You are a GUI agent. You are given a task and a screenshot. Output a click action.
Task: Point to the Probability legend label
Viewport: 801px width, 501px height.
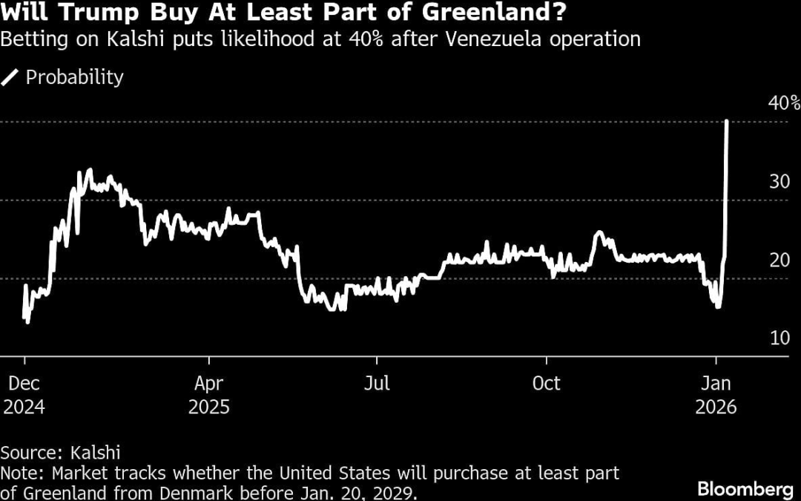pyautogui.click(x=75, y=77)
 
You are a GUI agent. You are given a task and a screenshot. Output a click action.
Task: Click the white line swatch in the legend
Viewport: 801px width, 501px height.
pyautogui.click(x=11, y=77)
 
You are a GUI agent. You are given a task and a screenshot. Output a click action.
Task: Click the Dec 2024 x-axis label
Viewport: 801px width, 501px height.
pyautogui.click(x=24, y=395)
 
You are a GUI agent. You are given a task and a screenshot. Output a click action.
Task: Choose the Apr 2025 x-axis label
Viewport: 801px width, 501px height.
pyautogui.click(x=209, y=395)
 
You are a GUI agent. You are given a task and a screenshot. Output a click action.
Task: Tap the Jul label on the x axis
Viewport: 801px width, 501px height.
pyautogui.click(x=377, y=384)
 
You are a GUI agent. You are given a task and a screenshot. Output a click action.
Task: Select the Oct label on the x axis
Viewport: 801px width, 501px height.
pyautogui.click(x=547, y=384)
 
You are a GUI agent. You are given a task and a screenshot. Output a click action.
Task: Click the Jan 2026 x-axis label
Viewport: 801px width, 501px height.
pyautogui.click(x=716, y=395)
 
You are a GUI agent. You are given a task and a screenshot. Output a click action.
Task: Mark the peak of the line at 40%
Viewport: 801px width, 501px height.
pyautogui.click(x=726, y=121)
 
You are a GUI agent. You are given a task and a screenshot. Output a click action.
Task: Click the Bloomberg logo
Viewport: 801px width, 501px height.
pyautogui.click(x=744, y=488)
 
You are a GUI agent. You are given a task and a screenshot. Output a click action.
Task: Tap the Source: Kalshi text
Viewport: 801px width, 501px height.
pyautogui.click(x=61, y=452)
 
